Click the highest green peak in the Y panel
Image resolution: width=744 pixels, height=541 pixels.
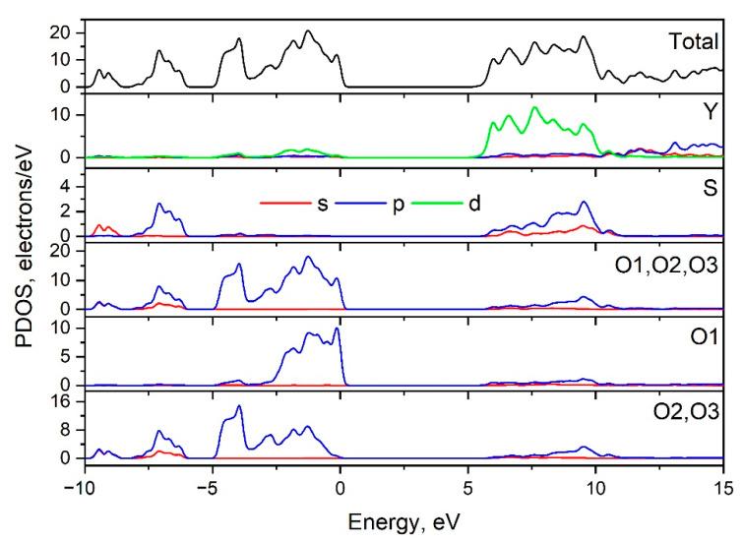point(534,107)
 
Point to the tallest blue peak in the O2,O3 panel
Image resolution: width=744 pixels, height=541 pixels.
point(238,406)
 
